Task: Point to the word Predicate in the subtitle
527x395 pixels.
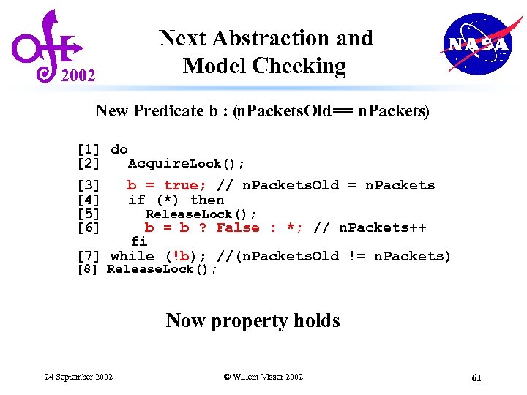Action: [175, 111]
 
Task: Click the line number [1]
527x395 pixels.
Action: [89, 149]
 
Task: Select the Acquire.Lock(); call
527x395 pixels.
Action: [186, 163]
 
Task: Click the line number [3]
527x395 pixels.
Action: [89, 186]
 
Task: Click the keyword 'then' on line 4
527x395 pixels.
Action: [207, 200]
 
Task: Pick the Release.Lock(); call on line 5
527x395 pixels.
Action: [201, 214]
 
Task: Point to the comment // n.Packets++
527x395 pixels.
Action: [370, 228]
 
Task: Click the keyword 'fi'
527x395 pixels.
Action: [139, 241]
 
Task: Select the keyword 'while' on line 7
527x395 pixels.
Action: [132, 256]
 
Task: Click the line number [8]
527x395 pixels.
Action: [88, 269]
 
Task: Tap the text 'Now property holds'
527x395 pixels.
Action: [253, 320]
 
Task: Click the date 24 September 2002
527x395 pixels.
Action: [79, 377]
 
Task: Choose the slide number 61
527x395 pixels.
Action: [476, 377]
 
